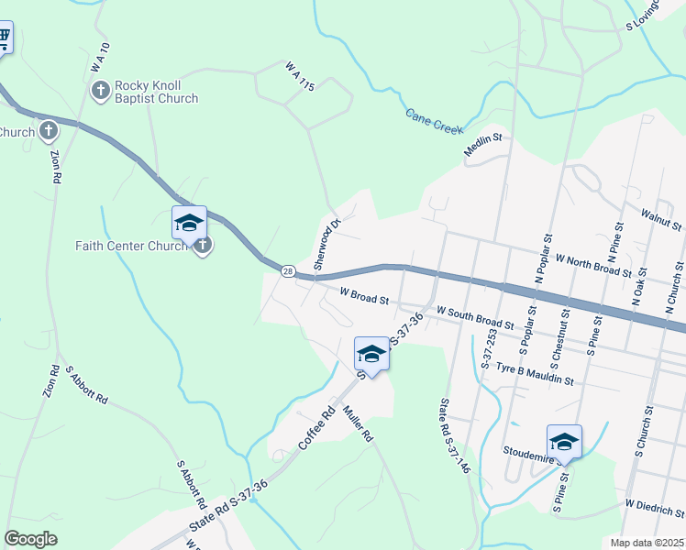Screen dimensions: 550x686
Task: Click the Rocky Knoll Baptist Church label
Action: pos(156,92)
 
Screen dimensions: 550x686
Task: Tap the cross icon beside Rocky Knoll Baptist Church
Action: pos(100,91)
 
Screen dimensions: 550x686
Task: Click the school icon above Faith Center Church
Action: pos(189,223)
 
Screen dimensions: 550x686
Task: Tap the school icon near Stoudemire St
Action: pos(563,441)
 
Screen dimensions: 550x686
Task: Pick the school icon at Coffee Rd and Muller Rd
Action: pos(371,353)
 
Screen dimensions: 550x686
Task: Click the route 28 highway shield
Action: pos(288,271)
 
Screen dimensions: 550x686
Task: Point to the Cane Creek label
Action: pos(435,121)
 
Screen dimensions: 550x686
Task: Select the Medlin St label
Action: pos(485,146)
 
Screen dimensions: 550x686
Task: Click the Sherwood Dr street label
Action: pos(326,242)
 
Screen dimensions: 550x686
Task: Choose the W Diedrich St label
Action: pos(655,507)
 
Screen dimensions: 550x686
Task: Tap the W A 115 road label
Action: pos(300,77)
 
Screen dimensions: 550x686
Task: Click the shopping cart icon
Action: pos(4,38)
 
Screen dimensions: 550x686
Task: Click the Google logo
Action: pos(30,539)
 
